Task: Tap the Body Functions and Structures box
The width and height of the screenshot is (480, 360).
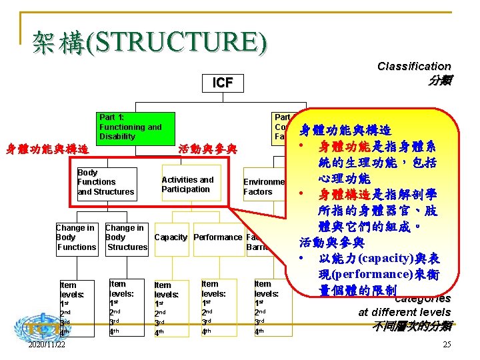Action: [106, 182]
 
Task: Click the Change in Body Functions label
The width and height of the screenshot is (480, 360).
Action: [75, 237]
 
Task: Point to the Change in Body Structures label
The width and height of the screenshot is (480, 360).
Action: [126, 237]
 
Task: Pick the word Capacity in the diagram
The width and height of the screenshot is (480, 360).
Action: [171, 237]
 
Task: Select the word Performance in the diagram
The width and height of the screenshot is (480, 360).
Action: [217, 237]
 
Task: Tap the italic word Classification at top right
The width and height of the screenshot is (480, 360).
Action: [414, 66]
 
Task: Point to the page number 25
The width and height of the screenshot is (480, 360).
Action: [447, 344]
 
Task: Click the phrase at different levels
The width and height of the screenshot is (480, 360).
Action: [404, 312]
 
